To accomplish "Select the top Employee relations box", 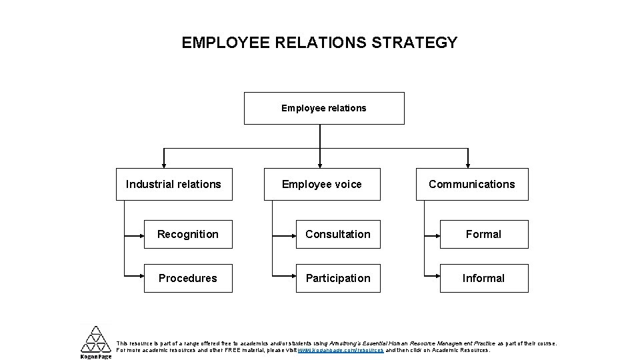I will (x=324, y=108).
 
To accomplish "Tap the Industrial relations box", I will (x=173, y=184).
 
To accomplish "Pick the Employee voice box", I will (x=322, y=184).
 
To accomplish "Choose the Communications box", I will (x=472, y=184).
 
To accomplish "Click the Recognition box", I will (x=188, y=234).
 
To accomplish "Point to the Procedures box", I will (x=188, y=278).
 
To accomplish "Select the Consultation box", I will (x=338, y=234).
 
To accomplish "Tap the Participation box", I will (x=338, y=278).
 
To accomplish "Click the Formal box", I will (x=484, y=234).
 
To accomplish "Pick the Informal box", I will (x=484, y=278).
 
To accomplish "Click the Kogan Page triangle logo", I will (x=96, y=339).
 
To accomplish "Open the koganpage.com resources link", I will (x=341, y=350).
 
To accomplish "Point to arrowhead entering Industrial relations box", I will (x=163, y=163).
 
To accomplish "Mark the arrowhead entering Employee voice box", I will (x=321, y=163).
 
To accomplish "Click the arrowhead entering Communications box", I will (x=469, y=163).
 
